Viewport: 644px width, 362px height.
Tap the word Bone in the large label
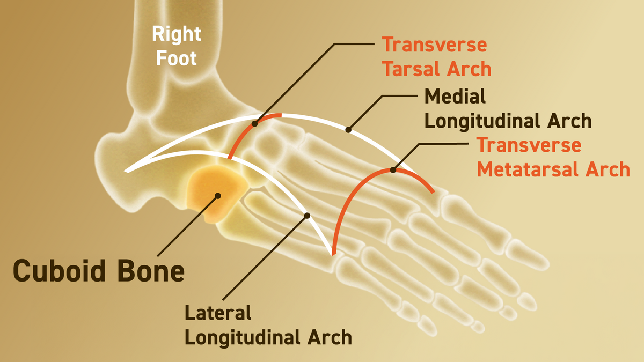[151, 271]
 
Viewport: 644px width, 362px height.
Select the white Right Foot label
[176, 46]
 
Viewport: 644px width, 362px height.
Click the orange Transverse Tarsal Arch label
[436, 57]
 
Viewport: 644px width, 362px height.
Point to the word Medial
[455, 96]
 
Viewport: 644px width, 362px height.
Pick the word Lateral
[218, 313]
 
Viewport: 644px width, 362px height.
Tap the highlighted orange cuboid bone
[216, 193]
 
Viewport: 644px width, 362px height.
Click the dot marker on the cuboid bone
[218, 196]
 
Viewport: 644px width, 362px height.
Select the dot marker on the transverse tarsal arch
[255, 124]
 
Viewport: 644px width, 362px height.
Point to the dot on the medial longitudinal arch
[348, 130]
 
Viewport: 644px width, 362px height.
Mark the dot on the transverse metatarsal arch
[393, 170]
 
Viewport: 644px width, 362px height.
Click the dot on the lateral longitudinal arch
[307, 216]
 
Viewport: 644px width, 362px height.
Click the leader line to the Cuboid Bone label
[187, 226]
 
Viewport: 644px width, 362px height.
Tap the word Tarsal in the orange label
[412, 69]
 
